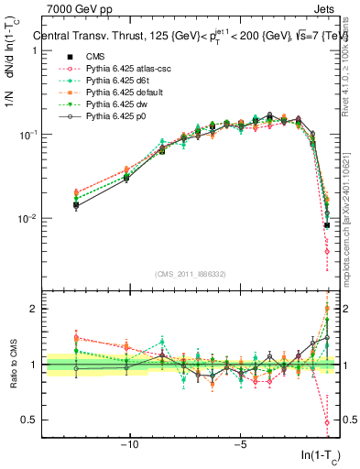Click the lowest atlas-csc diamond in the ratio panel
click(x=327, y=422)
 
